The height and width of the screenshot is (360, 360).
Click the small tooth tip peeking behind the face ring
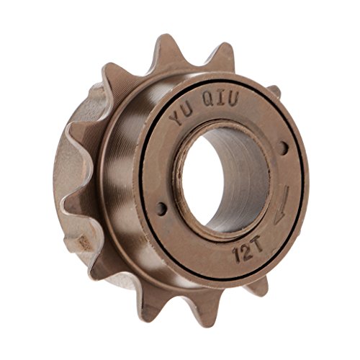(x=274, y=91)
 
